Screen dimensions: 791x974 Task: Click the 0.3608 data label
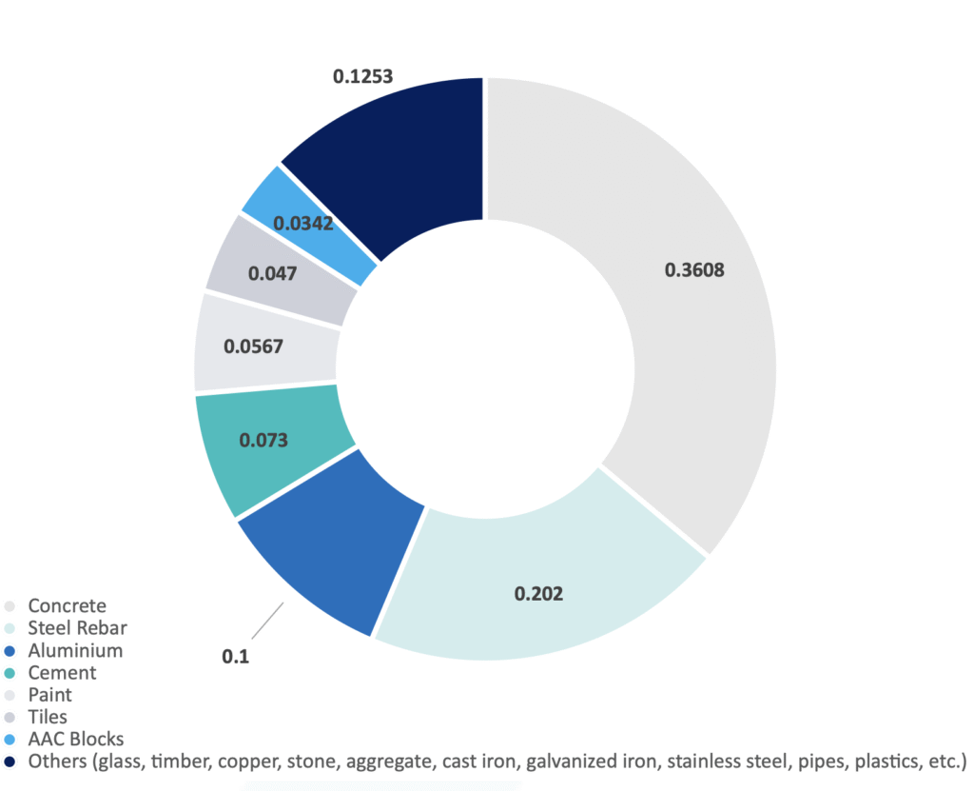click(x=694, y=269)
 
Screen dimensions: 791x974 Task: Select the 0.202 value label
click(x=538, y=594)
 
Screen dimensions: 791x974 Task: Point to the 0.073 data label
click(x=263, y=440)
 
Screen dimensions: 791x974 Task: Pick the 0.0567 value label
click(x=253, y=346)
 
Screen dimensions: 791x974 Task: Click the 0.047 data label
click(x=272, y=273)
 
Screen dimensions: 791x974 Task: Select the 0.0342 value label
click(x=302, y=224)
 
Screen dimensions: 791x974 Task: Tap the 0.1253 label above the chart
click(x=363, y=75)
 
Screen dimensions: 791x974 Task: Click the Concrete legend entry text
click(x=67, y=605)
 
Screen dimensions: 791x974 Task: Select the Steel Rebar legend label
click(x=77, y=628)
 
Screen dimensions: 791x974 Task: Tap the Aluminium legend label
click(x=75, y=651)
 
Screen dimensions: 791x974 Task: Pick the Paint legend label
click(x=49, y=695)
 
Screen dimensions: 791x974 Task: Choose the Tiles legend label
click(x=48, y=717)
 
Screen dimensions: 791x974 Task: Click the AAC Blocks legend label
click(x=76, y=739)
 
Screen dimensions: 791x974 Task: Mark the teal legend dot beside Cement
click(x=10, y=673)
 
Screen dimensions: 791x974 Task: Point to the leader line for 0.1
click(x=267, y=621)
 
